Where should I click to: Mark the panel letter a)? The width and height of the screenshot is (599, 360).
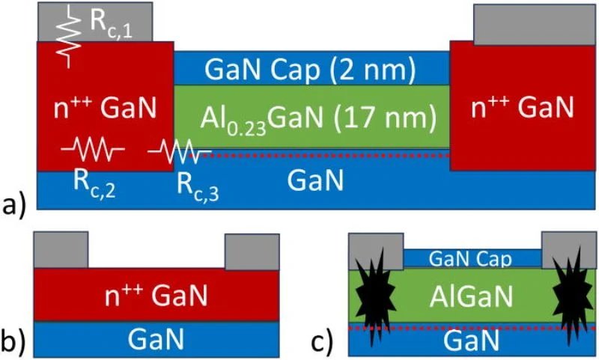[x=15, y=201]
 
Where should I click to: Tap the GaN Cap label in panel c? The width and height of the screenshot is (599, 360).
[x=472, y=258]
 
